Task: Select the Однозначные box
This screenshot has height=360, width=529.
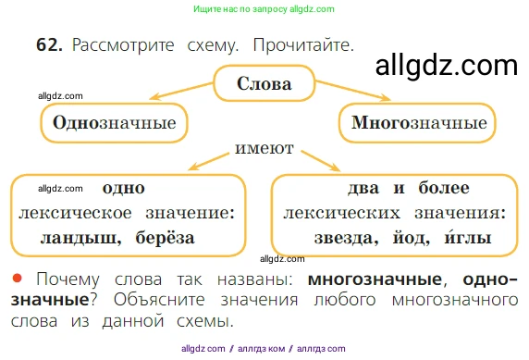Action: tap(114, 123)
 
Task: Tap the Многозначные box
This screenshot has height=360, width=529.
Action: tap(419, 123)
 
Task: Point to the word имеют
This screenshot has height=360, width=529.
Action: tap(264, 148)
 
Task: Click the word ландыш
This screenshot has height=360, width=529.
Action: tap(80, 238)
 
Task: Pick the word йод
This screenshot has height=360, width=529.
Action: tap(412, 238)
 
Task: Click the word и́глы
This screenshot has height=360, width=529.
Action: tap(468, 238)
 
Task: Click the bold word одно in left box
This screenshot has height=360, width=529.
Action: tap(123, 189)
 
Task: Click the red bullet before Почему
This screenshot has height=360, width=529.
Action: tap(17, 278)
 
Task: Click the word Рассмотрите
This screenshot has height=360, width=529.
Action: tap(122, 45)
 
